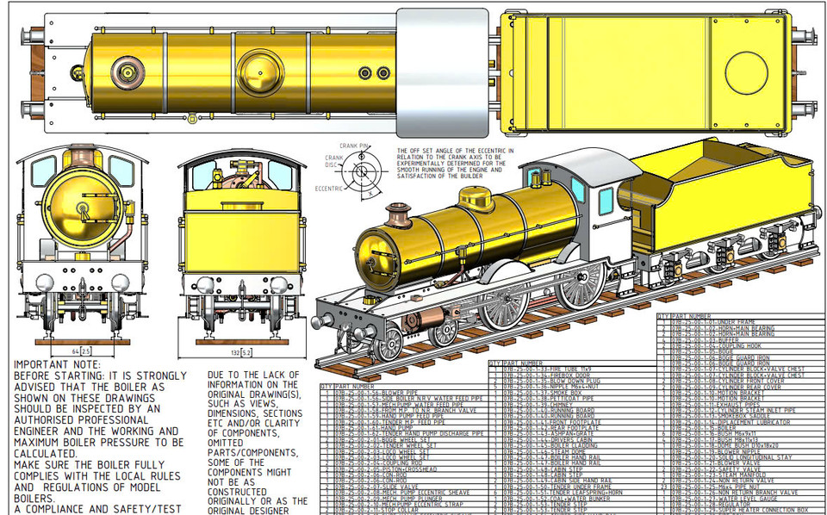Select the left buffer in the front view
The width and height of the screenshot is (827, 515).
[40, 280]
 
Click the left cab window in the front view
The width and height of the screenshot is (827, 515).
[42, 171]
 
